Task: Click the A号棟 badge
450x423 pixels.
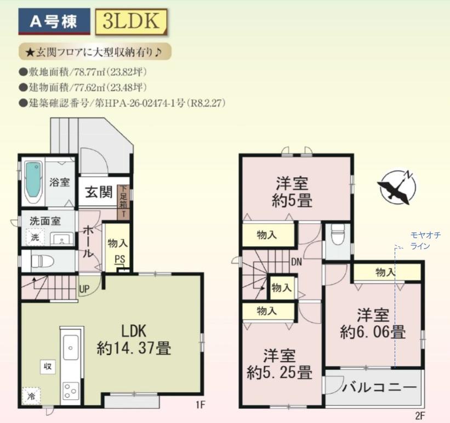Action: pyautogui.click(x=54, y=21)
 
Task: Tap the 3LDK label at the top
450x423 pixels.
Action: pyautogui.click(x=132, y=21)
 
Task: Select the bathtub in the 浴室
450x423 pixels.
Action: pyautogui.click(x=33, y=182)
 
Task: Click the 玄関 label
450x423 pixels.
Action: pyautogui.click(x=99, y=191)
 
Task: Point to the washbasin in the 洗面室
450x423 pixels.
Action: pyautogui.click(x=62, y=239)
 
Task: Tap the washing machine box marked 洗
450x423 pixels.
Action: pyautogui.click(x=35, y=237)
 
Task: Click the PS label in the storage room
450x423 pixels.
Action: pyautogui.click(x=120, y=260)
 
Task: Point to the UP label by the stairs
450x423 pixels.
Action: pyautogui.click(x=84, y=289)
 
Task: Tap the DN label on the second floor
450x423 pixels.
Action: pyautogui.click(x=297, y=262)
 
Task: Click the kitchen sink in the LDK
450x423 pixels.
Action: pyautogui.click(x=71, y=347)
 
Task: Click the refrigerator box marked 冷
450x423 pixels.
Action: pyautogui.click(x=31, y=396)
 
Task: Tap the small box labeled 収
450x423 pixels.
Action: pyautogui.click(x=48, y=366)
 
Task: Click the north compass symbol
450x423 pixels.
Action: pyautogui.click(x=397, y=187)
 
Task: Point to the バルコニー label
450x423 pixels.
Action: pyautogui.click(x=379, y=388)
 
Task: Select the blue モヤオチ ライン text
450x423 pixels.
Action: pyautogui.click(x=425, y=241)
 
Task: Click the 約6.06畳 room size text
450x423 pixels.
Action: pyautogui.click(x=373, y=332)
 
